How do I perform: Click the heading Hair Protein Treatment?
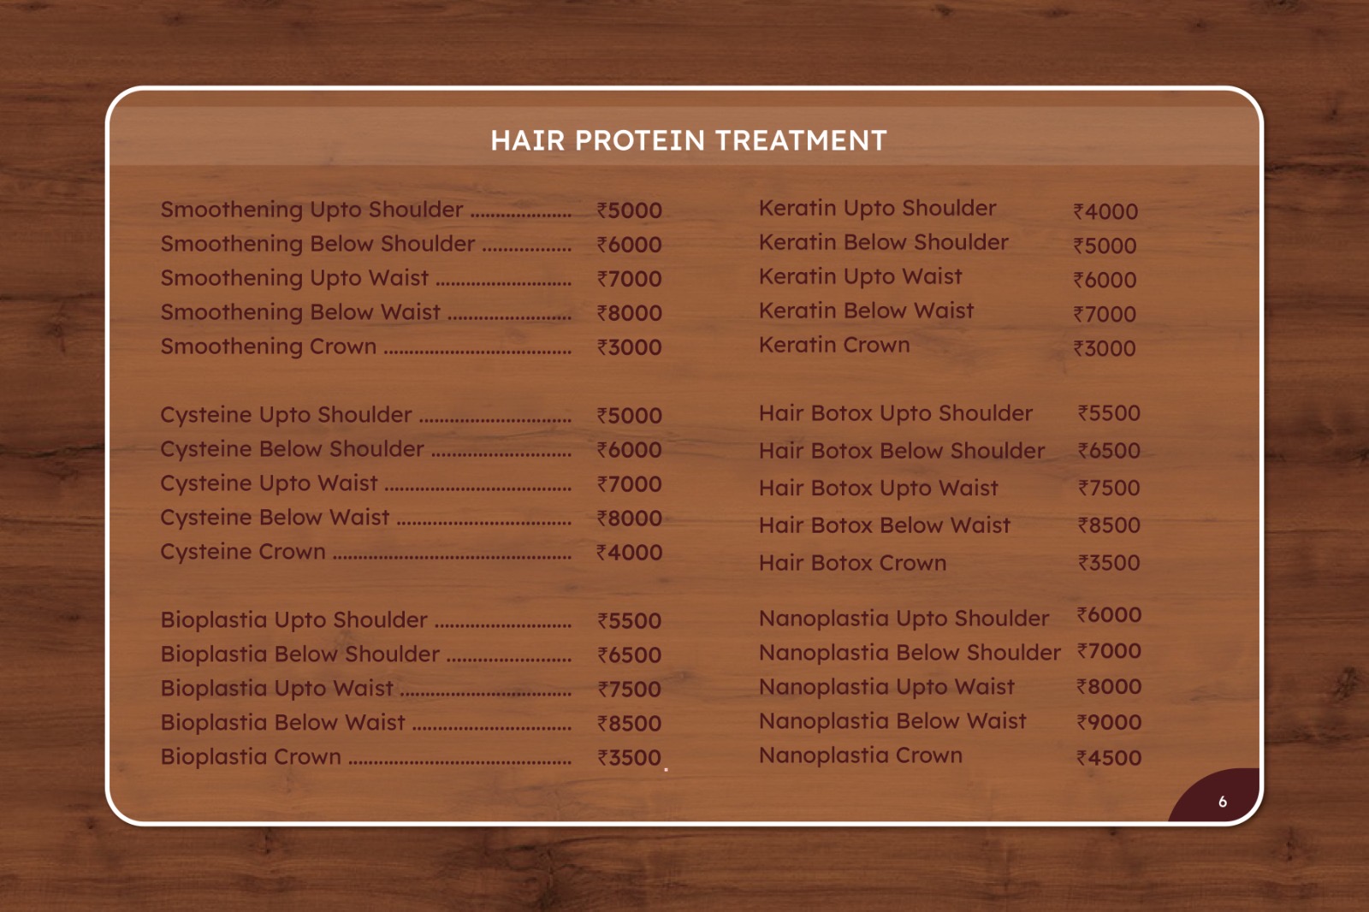point(688,140)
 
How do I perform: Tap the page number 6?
point(1223,802)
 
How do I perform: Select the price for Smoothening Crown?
point(630,347)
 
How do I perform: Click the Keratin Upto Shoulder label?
point(877,209)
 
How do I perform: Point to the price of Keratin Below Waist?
point(1105,314)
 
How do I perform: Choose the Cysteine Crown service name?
point(243,551)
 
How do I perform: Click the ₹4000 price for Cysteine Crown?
point(630,553)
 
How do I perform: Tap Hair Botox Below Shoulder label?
point(902,451)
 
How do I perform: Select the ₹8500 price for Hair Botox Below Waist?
point(1109,525)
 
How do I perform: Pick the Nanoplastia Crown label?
point(861,755)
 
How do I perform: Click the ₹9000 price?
point(1109,722)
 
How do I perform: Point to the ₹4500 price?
point(1109,758)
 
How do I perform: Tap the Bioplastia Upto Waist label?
point(277,689)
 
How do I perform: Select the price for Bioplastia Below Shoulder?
point(630,655)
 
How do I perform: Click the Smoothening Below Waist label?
point(300,312)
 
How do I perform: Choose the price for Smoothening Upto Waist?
point(630,279)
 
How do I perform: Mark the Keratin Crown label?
point(834,346)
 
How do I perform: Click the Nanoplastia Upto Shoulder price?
point(1109,615)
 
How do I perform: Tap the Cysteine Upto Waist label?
point(269,483)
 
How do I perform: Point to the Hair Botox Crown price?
point(1109,563)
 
